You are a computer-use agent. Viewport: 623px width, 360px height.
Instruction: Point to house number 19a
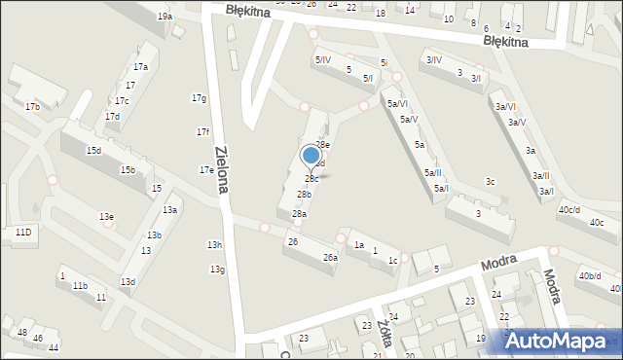click(x=165, y=17)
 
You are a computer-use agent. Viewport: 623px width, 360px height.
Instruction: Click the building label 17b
click(x=32, y=106)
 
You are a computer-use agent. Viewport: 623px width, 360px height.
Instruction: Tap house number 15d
click(x=93, y=151)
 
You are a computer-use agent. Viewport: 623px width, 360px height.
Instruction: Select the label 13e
click(x=106, y=216)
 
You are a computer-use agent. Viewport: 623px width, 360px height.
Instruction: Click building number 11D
click(x=22, y=232)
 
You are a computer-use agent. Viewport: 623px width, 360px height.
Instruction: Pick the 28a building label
click(x=300, y=214)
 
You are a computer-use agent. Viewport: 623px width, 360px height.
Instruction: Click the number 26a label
click(x=331, y=258)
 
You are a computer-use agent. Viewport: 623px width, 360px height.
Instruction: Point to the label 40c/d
click(x=569, y=210)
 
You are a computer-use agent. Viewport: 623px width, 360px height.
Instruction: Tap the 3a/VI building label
click(x=505, y=107)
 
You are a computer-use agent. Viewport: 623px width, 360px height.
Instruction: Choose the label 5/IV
click(x=322, y=60)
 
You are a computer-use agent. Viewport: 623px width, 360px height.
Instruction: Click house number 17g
click(x=200, y=98)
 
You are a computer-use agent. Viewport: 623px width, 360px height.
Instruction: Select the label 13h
click(x=215, y=244)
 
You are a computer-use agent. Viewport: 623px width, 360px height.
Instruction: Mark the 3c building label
click(x=492, y=182)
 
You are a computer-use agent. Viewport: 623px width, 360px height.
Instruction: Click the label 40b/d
click(x=590, y=276)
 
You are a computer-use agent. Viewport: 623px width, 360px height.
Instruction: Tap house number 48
click(x=22, y=333)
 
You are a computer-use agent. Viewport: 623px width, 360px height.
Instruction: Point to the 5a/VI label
click(x=397, y=104)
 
